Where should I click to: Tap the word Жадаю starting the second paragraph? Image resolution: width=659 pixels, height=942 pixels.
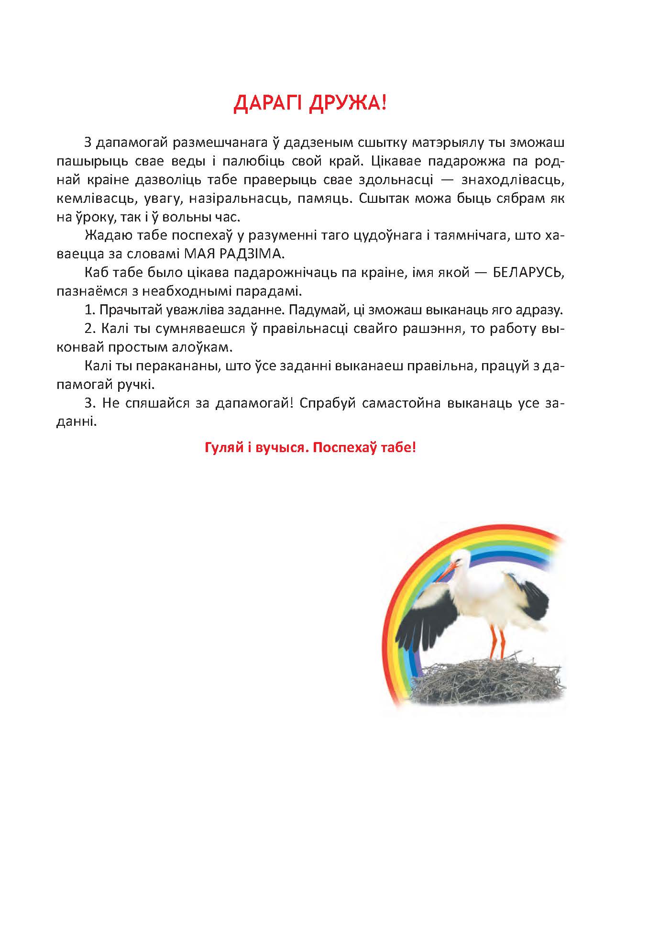tap(105, 236)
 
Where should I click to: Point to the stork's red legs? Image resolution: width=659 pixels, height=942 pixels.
tap(497, 641)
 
